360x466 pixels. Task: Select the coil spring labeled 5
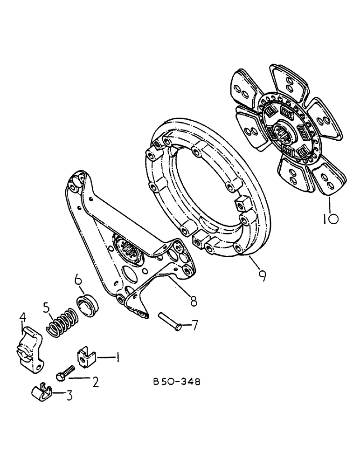(61, 322)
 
